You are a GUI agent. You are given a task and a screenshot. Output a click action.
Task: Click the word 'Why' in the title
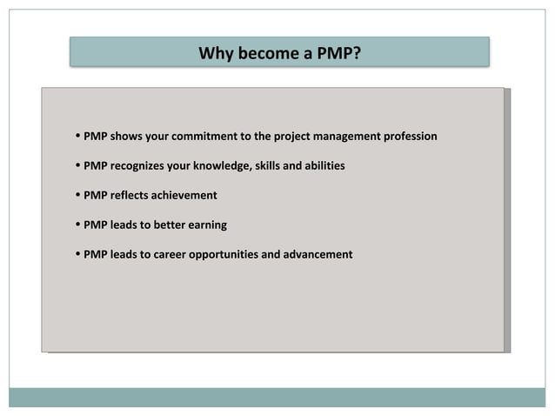pyautogui.click(x=214, y=54)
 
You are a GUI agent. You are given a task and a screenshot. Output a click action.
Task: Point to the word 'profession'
pyautogui.click(x=406, y=137)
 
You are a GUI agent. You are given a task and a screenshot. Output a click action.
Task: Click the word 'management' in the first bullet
pyautogui.click(x=342, y=137)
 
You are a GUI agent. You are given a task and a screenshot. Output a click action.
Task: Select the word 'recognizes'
pyautogui.click(x=139, y=165)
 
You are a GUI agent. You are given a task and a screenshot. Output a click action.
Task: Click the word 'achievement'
pyautogui.click(x=184, y=195)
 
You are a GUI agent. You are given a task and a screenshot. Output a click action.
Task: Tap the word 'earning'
pyautogui.click(x=211, y=225)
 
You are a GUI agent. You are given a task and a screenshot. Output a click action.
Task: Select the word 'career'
pyautogui.click(x=174, y=254)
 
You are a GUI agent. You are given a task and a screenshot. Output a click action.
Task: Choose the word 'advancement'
pyautogui.click(x=318, y=254)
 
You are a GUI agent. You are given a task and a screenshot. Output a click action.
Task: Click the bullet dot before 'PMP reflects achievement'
pyautogui.click(x=78, y=195)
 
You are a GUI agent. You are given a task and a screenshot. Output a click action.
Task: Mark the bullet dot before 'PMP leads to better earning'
pyautogui.click(x=78, y=225)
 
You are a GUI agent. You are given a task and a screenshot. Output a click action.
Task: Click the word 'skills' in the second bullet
pyautogui.click(x=269, y=165)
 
